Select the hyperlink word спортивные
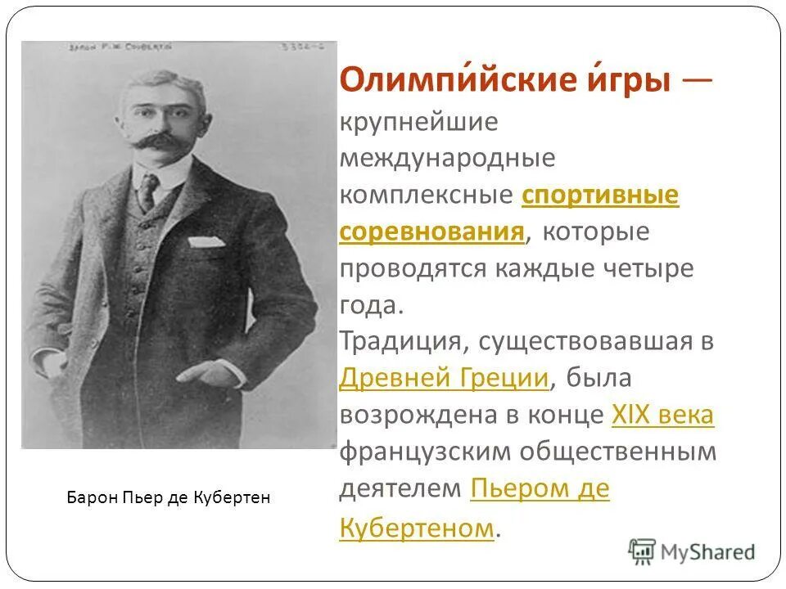[x=600, y=196]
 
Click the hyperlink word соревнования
[x=431, y=232]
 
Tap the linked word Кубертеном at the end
[x=417, y=527]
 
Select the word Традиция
[x=399, y=340]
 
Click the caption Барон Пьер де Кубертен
[x=168, y=497]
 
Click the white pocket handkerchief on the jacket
[x=206, y=242]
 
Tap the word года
[x=370, y=304]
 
